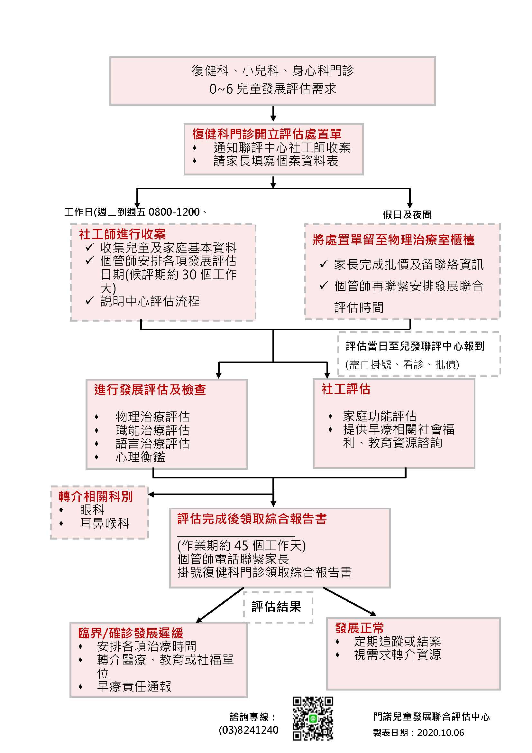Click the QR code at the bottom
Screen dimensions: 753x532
tap(313, 719)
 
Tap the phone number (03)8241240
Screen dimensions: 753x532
tap(248, 730)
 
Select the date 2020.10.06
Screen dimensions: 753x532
tap(441, 733)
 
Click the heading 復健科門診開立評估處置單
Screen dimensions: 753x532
tap(267, 134)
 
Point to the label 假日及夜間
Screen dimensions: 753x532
tap(407, 214)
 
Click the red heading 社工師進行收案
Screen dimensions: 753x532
tap(122, 234)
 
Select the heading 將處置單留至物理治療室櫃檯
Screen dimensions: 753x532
tap(393, 240)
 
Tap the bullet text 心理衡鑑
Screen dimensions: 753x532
tap(140, 457)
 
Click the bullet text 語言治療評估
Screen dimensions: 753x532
tap(152, 443)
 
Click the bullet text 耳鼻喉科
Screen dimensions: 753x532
tap(105, 523)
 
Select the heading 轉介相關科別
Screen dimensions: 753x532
tap(96, 496)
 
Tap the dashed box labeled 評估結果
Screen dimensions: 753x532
tap(278, 607)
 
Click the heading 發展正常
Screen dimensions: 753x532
tap(359, 628)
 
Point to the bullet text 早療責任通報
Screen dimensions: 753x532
tap(134, 686)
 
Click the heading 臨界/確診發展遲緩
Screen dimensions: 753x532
tap(130, 633)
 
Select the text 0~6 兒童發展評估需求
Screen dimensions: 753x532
tap(272, 89)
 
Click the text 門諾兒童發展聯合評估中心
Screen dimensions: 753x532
tap(431, 717)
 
